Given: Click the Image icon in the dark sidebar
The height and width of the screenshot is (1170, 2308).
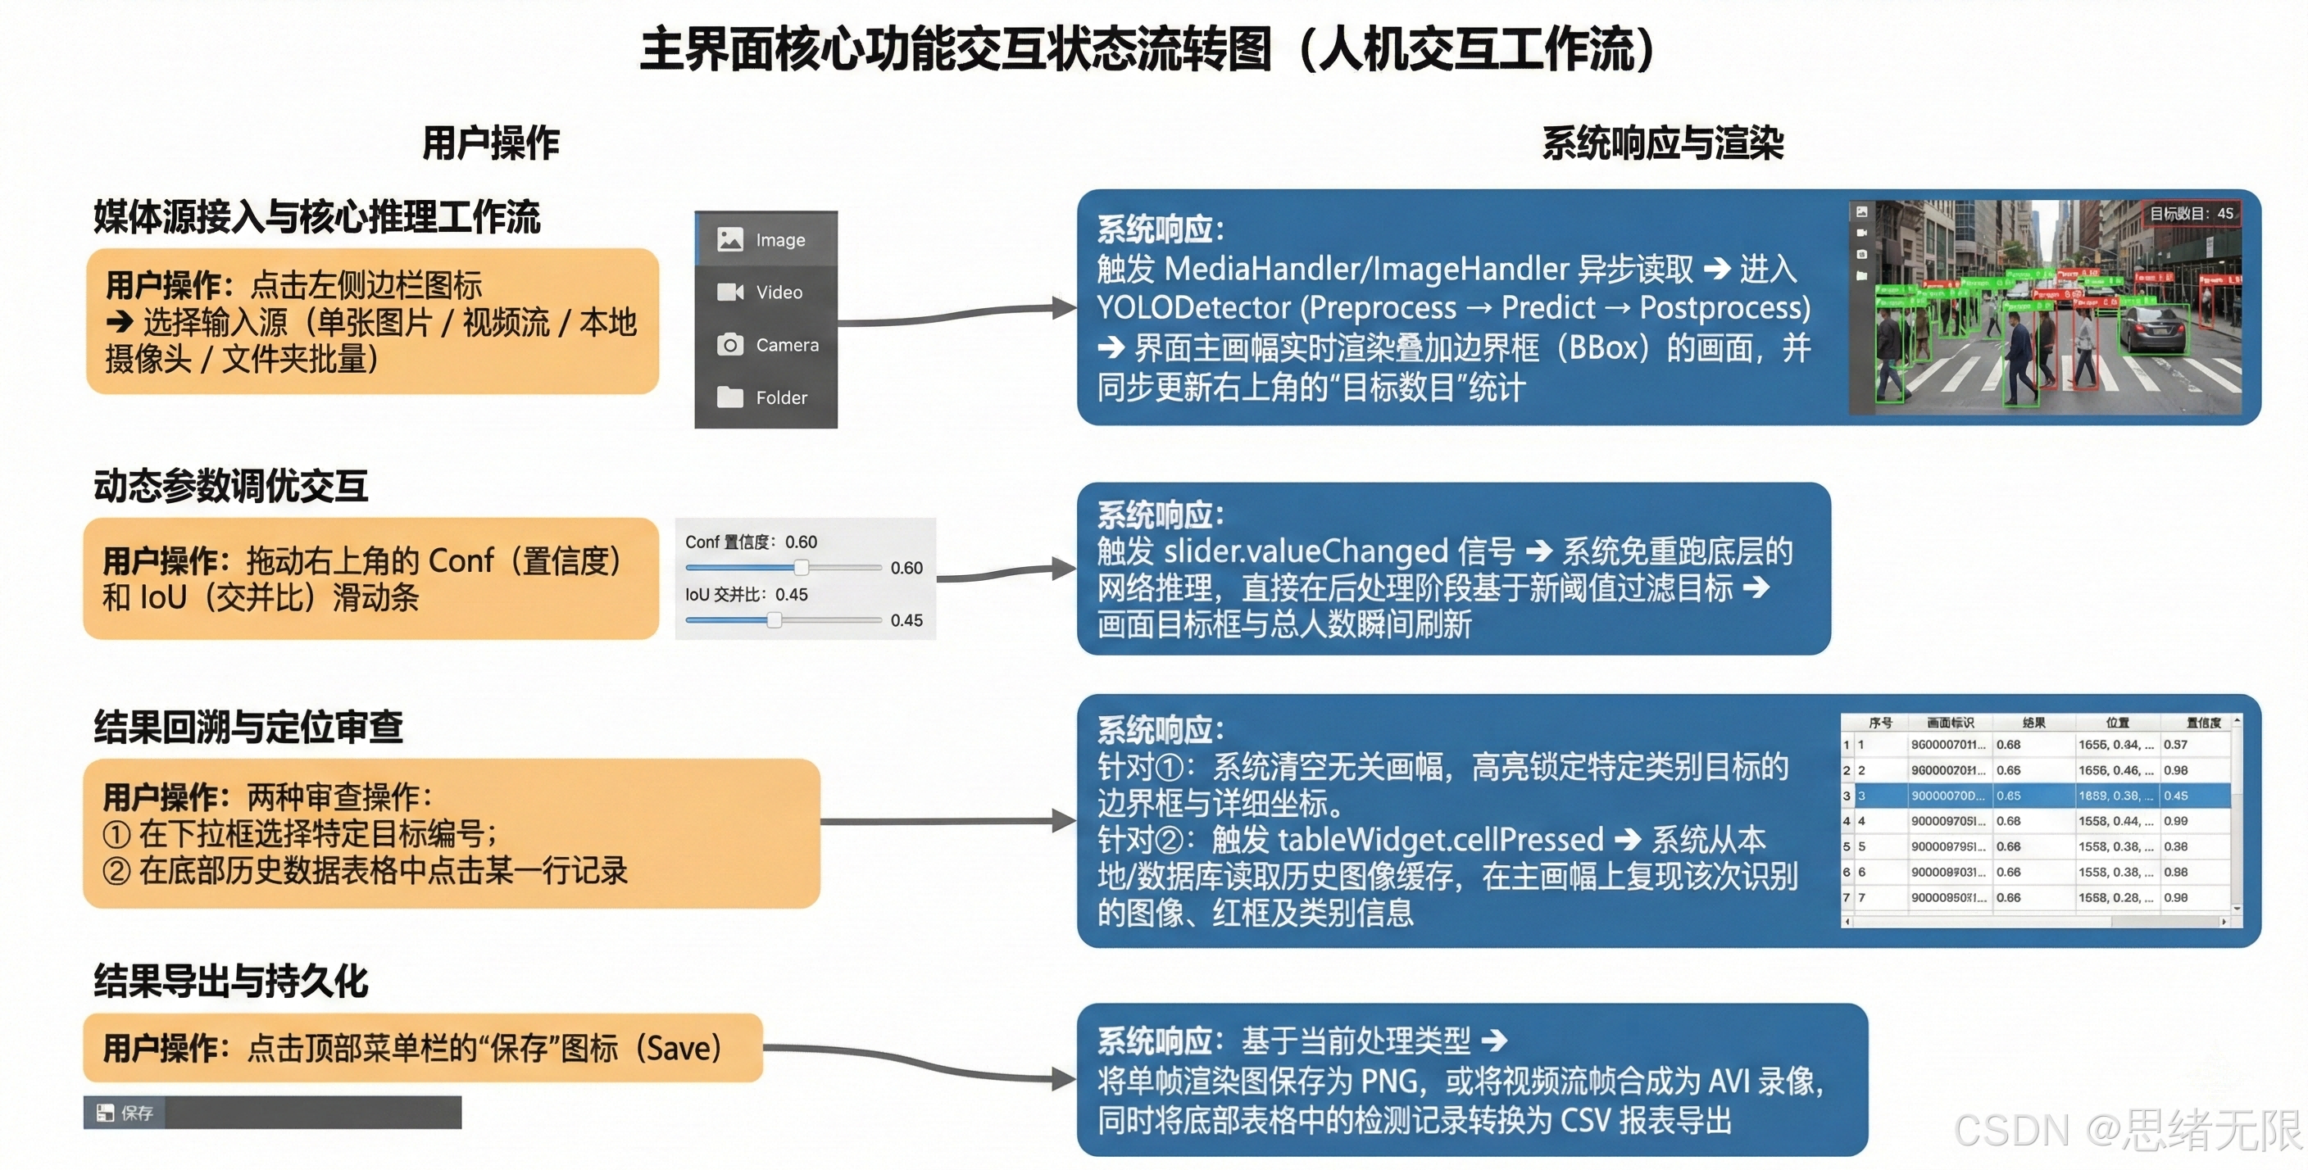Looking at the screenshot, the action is click(730, 239).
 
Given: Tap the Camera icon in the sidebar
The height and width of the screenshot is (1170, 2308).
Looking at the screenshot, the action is click(730, 345).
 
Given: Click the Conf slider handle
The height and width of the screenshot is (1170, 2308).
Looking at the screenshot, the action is click(802, 567).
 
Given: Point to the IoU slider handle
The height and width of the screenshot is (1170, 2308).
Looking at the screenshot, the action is click(774, 620).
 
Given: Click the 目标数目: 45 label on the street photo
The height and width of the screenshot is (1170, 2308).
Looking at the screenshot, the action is click(2191, 213).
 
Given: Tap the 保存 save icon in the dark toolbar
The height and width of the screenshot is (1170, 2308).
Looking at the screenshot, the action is click(106, 1113).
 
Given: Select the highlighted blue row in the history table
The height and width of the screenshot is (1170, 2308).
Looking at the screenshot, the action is click(2033, 796).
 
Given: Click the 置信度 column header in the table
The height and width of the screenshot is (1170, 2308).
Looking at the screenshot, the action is click(2202, 722).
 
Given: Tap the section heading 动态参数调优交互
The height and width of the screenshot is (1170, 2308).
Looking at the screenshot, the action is click(231, 486).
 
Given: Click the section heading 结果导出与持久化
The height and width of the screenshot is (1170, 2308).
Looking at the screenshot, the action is click(231, 981).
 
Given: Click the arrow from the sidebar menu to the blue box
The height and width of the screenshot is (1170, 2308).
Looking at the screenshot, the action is click(959, 314).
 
